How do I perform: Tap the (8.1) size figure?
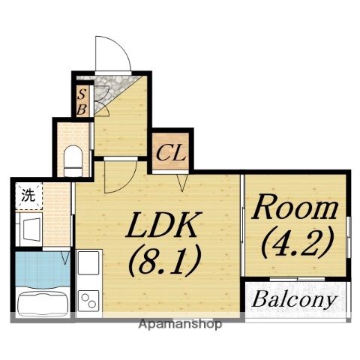pos(165,260)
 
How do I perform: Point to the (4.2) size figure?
pos(298,242)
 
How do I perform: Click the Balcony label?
pos(294,299)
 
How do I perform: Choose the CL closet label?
pos(171,153)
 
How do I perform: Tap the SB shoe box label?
pos(82,102)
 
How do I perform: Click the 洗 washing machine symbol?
pos(28,196)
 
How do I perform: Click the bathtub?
pos(43,301)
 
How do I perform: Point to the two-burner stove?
pos(88,301)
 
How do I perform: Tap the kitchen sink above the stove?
pos(88,262)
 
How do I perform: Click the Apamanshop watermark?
pos(180,324)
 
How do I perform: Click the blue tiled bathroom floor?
pos(43,270)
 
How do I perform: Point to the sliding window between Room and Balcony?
pos(297,279)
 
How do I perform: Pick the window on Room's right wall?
pos(349,237)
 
